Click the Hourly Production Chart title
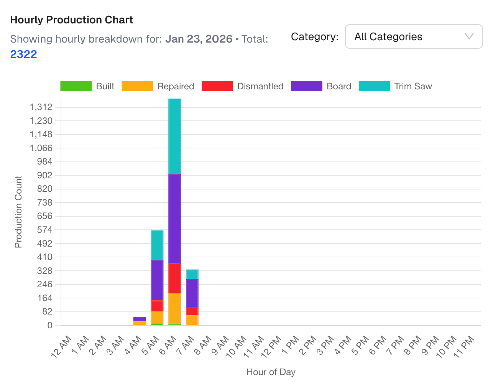tap(72, 20)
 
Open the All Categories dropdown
tap(414, 37)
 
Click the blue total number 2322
tap(24, 54)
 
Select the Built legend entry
tap(87, 86)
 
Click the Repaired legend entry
tap(158, 86)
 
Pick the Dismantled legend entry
tap(242, 86)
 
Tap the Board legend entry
tap(321, 86)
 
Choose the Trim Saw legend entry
tap(396, 86)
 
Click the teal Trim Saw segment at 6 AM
tap(175, 136)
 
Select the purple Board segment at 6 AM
tap(175, 219)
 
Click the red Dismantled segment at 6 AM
tap(175, 278)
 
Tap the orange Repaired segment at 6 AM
tap(175, 309)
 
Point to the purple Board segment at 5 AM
tap(157, 280)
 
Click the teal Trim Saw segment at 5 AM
tap(157, 245)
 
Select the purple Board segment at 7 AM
tap(192, 293)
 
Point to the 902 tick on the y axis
tap(44, 175)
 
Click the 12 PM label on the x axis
tap(272, 346)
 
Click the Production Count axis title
tap(18, 212)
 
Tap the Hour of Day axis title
tap(271, 372)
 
